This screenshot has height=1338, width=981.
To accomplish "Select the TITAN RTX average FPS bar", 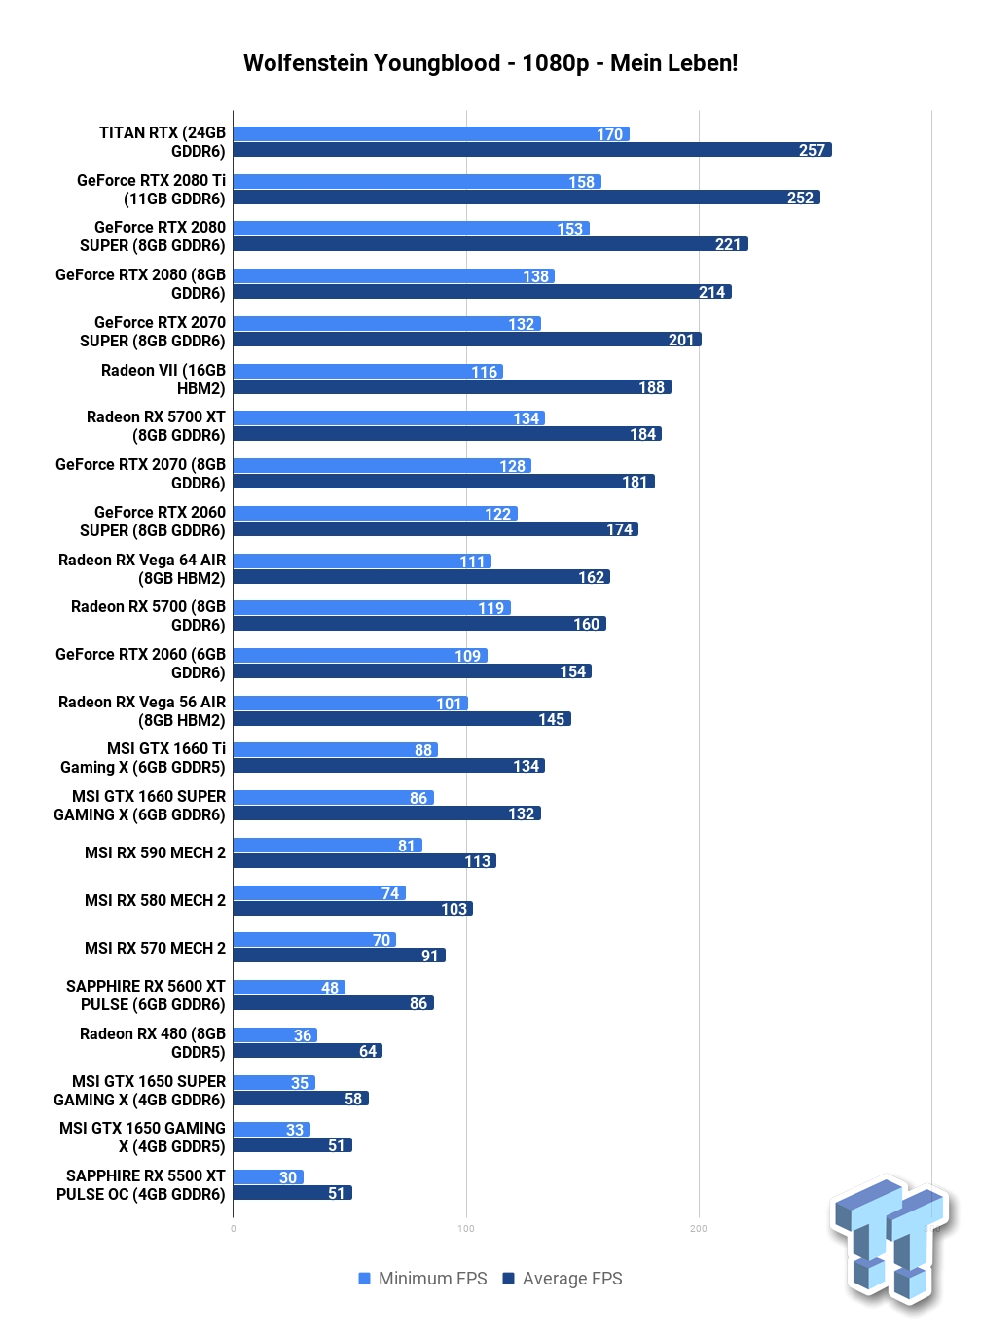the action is tap(532, 149).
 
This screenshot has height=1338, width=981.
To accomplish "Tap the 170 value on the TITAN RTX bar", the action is tap(609, 134).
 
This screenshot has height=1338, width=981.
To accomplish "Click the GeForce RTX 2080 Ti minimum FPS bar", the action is tap(417, 182).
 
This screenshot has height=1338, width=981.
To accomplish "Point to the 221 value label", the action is tap(728, 244).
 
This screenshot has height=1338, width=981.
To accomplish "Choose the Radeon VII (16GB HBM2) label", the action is tap(163, 380).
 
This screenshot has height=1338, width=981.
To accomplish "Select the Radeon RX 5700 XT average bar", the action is tap(448, 434).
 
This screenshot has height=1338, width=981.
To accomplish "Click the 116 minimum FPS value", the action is tap(484, 372).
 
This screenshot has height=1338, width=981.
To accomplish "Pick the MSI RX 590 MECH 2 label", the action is tap(155, 852).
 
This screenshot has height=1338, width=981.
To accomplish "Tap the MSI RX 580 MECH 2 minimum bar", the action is tap(319, 892).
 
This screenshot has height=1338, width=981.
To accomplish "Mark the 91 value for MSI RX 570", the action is tap(429, 956).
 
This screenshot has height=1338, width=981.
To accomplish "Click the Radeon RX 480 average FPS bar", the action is tap(308, 1051).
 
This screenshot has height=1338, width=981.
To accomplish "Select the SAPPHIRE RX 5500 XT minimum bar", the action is tap(269, 1176).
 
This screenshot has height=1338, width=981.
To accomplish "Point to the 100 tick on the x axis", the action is tap(466, 1229).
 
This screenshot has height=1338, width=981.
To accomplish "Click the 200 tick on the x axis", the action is tap(699, 1229).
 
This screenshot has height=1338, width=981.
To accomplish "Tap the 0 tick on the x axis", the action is tap(233, 1229).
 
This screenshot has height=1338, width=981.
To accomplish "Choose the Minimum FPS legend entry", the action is tap(422, 1279).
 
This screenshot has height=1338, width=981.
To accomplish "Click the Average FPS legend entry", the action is tap(563, 1279).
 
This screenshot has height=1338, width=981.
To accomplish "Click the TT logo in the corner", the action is tap(892, 1242).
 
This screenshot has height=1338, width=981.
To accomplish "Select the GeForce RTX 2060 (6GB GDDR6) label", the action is tap(140, 664).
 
